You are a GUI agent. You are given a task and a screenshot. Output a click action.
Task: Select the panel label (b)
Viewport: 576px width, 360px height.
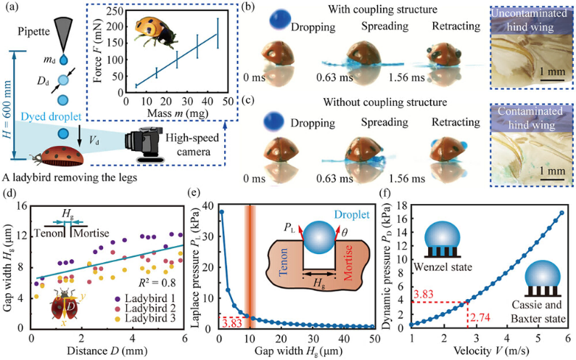coord(248,9)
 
